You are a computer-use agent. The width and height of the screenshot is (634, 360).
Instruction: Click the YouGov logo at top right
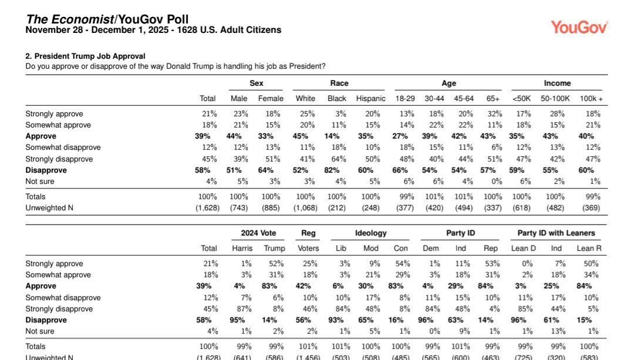click(x=579, y=27)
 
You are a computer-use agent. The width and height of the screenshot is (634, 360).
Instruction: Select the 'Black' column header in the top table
click(x=337, y=99)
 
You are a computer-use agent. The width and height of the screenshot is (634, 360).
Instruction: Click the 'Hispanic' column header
click(x=370, y=99)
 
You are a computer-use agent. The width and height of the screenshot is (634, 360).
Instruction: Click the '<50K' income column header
click(x=521, y=99)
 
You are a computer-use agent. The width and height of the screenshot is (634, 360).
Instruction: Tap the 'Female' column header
click(x=271, y=99)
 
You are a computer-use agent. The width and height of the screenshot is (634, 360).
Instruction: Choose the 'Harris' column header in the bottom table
click(x=242, y=248)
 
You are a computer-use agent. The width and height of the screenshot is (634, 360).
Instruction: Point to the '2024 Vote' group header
click(x=258, y=233)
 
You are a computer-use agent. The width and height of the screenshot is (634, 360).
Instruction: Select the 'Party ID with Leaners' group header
click(x=556, y=233)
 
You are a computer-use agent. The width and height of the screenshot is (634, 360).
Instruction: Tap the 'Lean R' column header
click(x=589, y=248)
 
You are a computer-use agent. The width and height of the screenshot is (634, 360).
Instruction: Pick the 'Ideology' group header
click(x=370, y=233)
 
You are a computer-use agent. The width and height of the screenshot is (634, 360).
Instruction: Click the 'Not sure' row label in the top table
click(x=41, y=181)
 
